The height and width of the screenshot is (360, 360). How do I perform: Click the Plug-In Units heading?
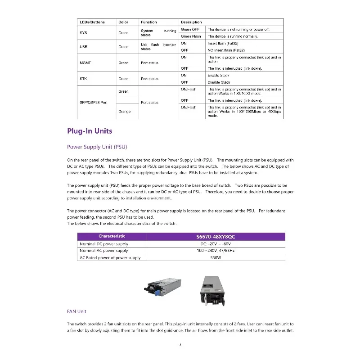point(90,131)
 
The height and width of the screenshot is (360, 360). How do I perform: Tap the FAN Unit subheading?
point(76,311)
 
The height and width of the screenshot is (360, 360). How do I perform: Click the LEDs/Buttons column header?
point(92,22)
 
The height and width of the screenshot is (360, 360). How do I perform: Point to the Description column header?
point(191,22)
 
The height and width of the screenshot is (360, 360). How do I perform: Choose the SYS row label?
point(83,33)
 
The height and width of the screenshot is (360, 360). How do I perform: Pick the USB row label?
point(83,47)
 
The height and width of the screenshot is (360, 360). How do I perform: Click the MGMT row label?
point(85,63)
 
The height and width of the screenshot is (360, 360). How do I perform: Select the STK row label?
point(83,79)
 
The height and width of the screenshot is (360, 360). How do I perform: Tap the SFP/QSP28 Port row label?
point(94,103)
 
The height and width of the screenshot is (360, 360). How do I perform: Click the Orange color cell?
point(124,112)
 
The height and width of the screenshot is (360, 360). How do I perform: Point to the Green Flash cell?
point(191,36)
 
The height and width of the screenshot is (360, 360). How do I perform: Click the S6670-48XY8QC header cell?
point(216,236)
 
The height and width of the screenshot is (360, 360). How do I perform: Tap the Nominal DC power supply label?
point(103,243)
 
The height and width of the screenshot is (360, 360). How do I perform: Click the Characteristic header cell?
point(112,236)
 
